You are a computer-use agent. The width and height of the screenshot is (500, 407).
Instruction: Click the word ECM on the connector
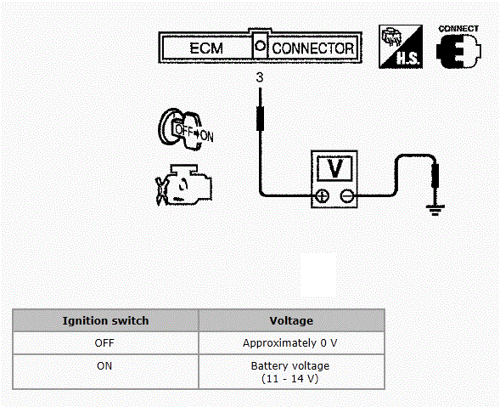pyautogui.click(x=206, y=48)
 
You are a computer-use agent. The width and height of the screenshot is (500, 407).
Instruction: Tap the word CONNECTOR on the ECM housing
pyautogui.click(x=313, y=48)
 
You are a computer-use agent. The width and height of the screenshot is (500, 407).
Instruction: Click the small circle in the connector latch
pyautogui.click(x=261, y=46)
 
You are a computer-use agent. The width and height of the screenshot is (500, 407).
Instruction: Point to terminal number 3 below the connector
pyautogui.click(x=260, y=77)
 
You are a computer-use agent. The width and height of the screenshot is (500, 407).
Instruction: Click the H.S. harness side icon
pyautogui.click(x=401, y=47)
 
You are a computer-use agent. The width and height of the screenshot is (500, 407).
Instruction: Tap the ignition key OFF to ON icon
pyautogui.click(x=186, y=129)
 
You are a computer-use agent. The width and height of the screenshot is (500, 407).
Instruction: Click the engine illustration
pyautogui.click(x=183, y=185)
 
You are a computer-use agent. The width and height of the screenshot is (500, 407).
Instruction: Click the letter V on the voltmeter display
pyautogui.click(x=335, y=168)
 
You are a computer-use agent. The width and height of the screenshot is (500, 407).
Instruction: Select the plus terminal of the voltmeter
pyautogui.click(x=323, y=195)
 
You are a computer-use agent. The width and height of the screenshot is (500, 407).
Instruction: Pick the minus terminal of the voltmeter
pyautogui.click(x=346, y=195)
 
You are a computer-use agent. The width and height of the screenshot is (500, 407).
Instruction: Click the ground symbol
pyautogui.click(x=435, y=211)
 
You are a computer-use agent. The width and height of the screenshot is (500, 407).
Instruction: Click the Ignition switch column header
pyautogui.click(x=105, y=320)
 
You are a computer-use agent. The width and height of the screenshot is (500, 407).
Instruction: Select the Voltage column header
pyautogui.click(x=291, y=320)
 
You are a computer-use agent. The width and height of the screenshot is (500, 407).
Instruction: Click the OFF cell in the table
pyautogui.click(x=104, y=343)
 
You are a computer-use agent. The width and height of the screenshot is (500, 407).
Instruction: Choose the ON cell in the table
pyautogui.click(x=104, y=366)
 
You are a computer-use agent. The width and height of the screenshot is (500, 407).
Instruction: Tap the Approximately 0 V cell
pyautogui.click(x=289, y=343)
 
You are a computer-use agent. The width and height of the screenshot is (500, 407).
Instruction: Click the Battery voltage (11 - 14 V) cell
pyautogui.click(x=290, y=372)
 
